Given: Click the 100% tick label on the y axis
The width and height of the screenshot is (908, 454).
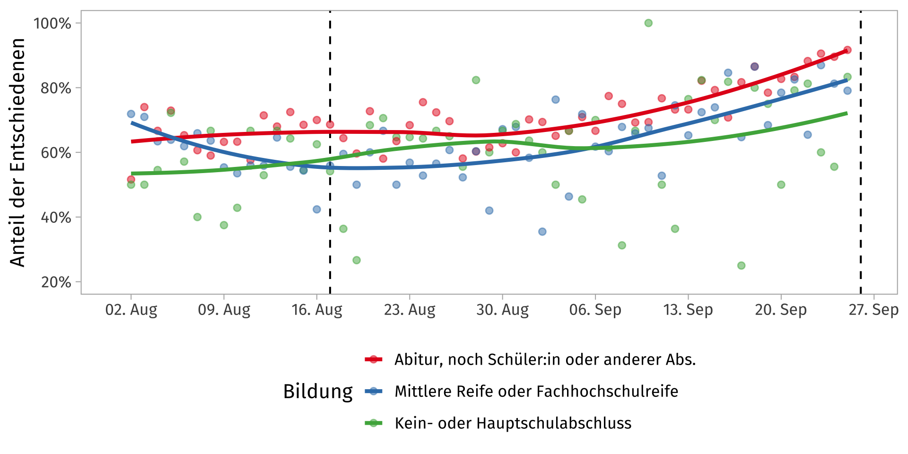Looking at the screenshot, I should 52,23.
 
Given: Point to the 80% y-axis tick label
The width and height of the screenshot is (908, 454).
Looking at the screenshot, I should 56,88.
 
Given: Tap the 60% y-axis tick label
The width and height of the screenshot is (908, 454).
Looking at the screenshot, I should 56,153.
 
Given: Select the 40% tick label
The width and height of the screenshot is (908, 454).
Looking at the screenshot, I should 56,218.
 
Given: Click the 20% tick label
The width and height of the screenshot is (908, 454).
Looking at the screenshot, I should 56,282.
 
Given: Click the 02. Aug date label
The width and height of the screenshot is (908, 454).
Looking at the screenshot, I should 131,310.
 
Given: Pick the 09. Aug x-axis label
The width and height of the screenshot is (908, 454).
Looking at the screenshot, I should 224,310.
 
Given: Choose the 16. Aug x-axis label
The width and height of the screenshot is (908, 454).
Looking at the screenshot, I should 317,310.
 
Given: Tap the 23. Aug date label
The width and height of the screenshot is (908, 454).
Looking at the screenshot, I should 410,310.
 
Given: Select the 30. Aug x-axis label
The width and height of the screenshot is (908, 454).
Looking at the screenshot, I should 502,310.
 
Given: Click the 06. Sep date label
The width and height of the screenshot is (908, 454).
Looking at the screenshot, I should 595,310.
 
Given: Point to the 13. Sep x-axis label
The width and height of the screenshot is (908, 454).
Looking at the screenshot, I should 688,310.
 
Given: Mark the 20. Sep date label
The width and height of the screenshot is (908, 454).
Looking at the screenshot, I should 780,310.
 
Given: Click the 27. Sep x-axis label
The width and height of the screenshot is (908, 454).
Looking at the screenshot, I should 873,310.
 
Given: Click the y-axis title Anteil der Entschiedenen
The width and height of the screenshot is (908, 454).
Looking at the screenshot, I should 17,152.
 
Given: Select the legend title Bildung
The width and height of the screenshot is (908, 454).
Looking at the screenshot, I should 318,392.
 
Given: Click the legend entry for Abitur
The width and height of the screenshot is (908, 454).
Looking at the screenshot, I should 545,359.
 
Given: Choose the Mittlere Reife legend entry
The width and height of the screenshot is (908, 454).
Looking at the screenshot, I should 536,391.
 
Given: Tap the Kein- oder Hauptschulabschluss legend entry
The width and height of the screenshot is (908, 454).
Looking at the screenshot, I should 513,423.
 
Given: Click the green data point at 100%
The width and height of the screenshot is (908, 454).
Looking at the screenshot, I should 648,23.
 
